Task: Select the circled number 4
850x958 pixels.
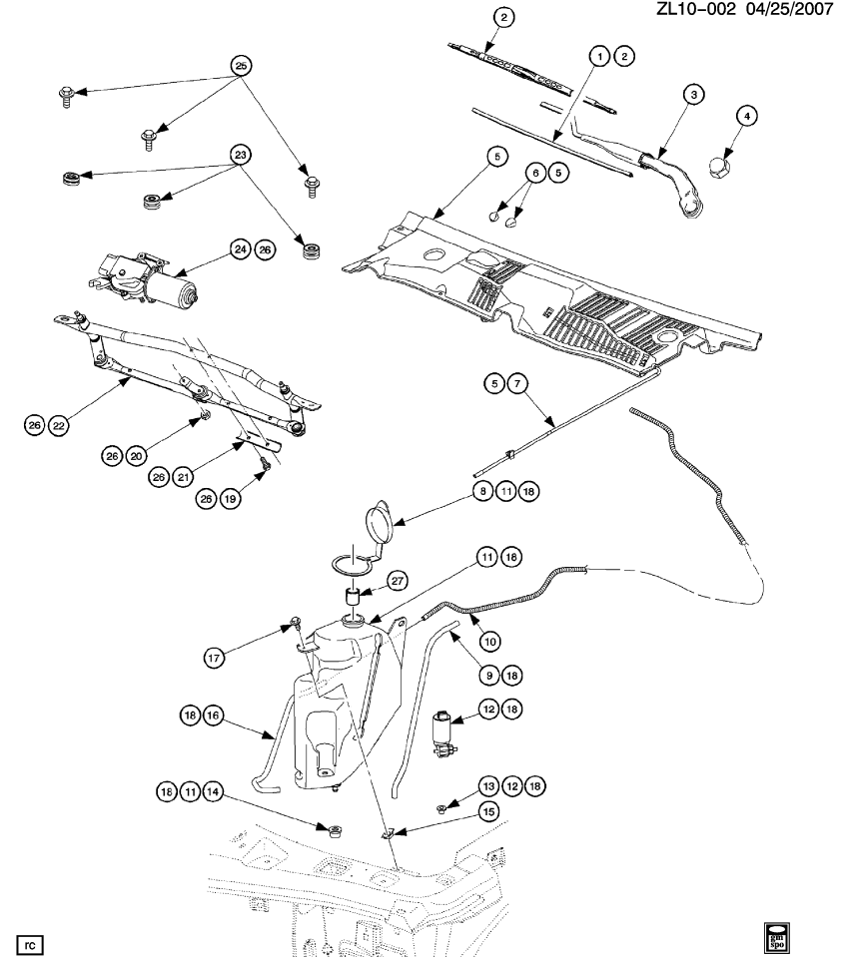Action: pos(744,115)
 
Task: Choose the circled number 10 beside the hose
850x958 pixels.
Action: pos(490,640)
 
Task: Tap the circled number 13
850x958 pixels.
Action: pos(488,784)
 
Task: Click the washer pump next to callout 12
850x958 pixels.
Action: pos(442,730)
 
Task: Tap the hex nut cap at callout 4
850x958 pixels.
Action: pos(721,167)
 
